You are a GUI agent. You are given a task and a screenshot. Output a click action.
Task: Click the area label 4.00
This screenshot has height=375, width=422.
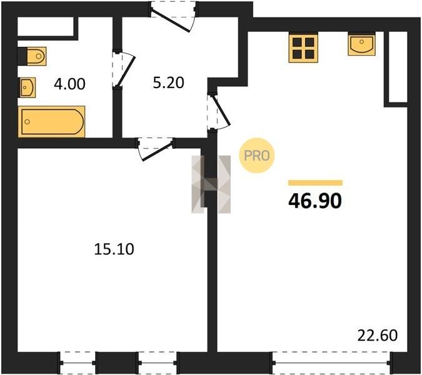click(x=69, y=84)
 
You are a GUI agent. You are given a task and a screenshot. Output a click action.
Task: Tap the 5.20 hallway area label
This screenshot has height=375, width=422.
click(x=168, y=82)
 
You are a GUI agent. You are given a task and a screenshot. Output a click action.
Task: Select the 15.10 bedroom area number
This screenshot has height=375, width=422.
click(x=114, y=249)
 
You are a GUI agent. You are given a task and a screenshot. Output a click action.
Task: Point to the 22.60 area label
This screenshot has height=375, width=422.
click(x=378, y=336)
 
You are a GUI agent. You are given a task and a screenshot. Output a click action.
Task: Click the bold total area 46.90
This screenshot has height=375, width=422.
click(x=315, y=201)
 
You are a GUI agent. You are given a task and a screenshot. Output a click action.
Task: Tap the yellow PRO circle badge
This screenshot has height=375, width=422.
click(x=257, y=156)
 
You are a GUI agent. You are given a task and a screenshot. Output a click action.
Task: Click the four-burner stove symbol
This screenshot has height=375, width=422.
click(x=303, y=48)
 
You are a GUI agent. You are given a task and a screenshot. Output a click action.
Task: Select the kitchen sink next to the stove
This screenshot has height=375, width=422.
click(x=361, y=44)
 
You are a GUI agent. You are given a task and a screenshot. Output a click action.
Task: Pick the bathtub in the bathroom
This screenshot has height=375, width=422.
click(x=51, y=122)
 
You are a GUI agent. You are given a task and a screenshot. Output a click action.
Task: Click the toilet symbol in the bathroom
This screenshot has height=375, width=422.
click(x=36, y=56)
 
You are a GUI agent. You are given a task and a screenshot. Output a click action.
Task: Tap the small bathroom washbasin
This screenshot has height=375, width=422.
click(x=27, y=87)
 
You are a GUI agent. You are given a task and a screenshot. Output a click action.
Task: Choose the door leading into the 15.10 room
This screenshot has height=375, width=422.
click(x=155, y=149)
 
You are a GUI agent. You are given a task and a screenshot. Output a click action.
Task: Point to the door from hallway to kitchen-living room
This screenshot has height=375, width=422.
click(x=219, y=111)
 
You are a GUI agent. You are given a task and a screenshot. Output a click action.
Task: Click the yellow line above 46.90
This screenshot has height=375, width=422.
click(x=315, y=183)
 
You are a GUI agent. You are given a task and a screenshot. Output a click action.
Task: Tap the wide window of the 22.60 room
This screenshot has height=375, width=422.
click(x=331, y=362)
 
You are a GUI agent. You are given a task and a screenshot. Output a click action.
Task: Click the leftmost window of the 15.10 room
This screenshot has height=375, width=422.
click(x=78, y=362)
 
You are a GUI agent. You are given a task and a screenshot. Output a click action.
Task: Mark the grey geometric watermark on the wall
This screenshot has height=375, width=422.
click(x=211, y=184)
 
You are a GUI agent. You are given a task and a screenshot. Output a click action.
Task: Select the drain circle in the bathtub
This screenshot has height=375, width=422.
click(x=27, y=122)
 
